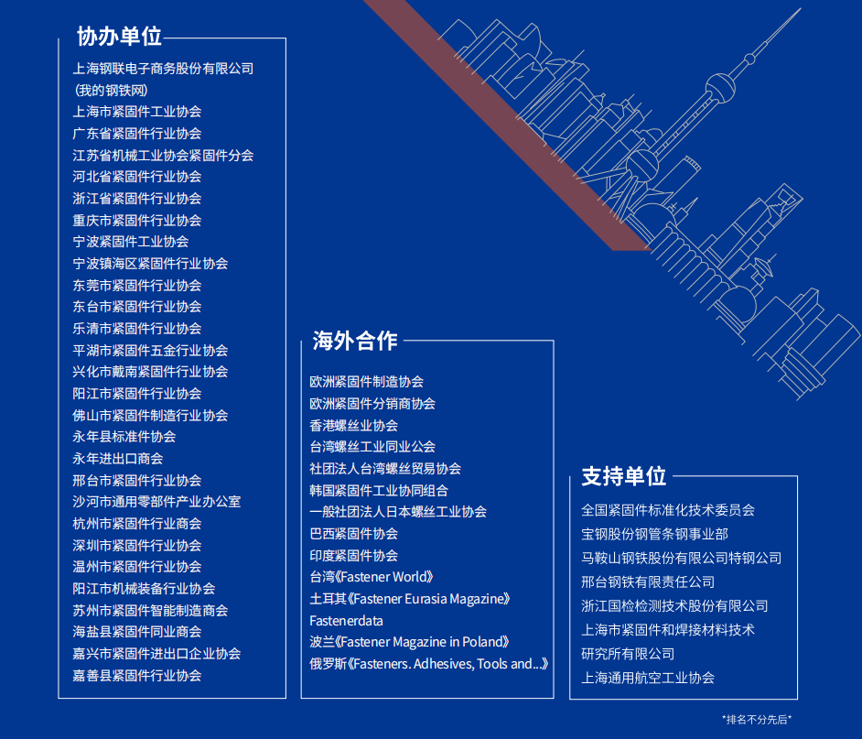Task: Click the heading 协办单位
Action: (119, 37)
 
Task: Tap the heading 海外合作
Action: (354, 342)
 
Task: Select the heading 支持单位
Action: (623, 476)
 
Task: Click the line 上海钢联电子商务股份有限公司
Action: (163, 69)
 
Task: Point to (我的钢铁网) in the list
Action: (111, 91)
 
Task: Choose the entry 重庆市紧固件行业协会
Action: (137, 221)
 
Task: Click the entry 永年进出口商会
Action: (118, 459)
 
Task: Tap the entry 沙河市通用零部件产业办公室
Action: (156, 502)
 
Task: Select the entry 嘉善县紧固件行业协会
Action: (137, 676)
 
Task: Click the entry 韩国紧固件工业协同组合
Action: (379, 491)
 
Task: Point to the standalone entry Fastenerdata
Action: (346, 621)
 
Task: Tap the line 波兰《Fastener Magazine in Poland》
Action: (409, 643)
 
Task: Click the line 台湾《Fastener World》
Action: (372, 578)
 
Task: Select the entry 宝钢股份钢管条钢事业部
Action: (654, 534)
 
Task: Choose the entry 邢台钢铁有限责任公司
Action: (648, 582)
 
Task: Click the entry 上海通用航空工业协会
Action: (648, 679)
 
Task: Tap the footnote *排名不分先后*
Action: (756, 719)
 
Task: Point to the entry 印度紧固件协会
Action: (353, 556)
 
